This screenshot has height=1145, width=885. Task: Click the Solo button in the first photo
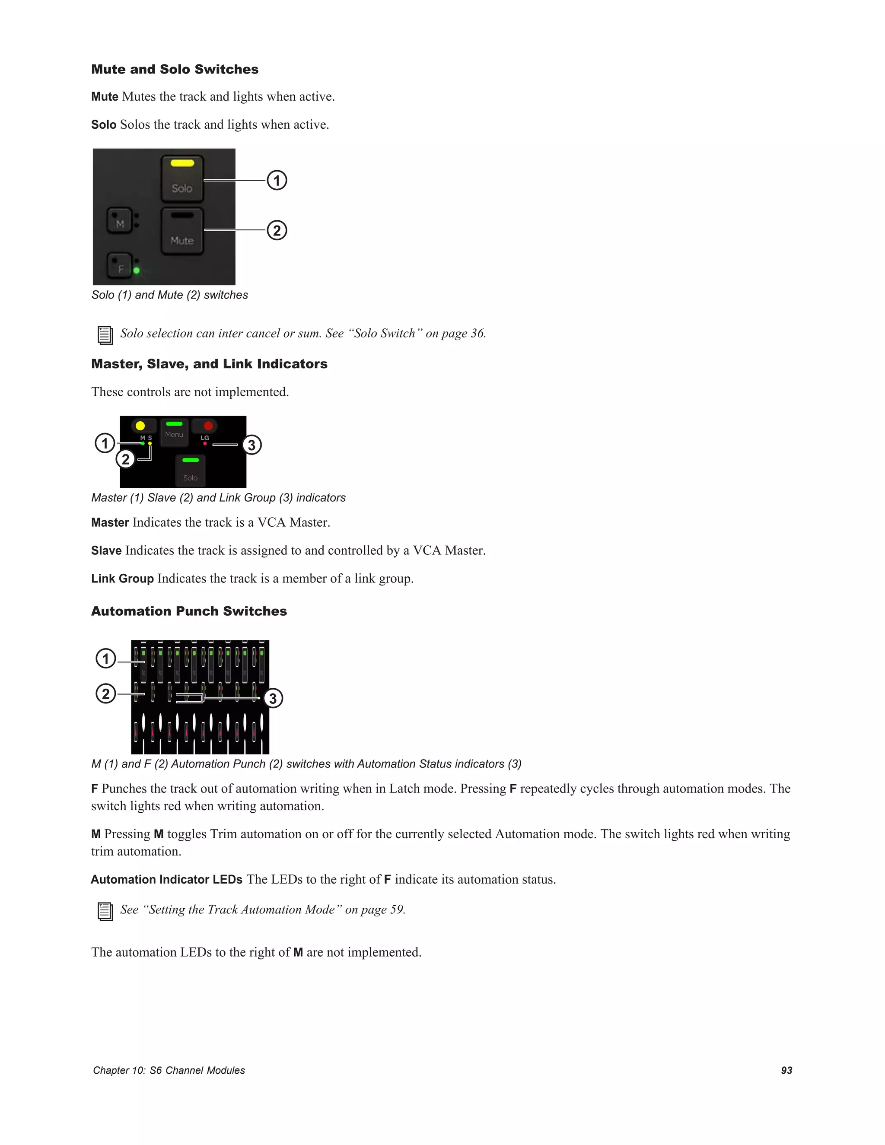(182, 179)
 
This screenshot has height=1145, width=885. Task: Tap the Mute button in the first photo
(182, 231)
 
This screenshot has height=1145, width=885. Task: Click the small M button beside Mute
(120, 221)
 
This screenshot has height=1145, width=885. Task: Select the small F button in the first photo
(120, 266)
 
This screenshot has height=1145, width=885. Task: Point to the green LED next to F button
(137, 270)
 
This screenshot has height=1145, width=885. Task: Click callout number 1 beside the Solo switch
(277, 180)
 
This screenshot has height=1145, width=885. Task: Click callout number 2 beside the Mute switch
(277, 231)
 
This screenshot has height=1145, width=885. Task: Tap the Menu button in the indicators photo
(174, 433)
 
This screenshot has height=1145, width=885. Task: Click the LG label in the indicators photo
(205, 438)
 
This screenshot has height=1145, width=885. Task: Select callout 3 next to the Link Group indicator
(251, 445)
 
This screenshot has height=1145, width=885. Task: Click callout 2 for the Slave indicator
(125, 459)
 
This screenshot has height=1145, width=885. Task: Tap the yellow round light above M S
(140, 426)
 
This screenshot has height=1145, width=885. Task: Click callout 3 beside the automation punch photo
(273, 698)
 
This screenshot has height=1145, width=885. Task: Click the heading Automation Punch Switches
(189, 611)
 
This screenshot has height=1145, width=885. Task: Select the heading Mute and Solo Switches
(175, 69)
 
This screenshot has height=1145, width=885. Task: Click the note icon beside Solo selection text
(105, 335)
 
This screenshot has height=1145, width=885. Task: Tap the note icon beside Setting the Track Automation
(105, 911)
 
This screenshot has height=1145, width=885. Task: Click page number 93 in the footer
(786, 1071)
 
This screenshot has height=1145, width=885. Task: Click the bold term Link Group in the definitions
(122, 579)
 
